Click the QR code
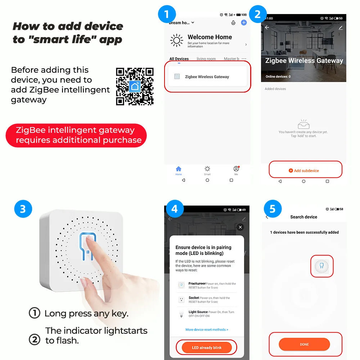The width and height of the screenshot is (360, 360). (135, 86)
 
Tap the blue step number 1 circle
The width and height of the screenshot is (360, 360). (167, 15)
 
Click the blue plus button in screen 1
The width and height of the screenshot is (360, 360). (244, 22)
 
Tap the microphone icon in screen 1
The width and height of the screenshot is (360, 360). (233, 23)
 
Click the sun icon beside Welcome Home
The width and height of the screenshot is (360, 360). (176, 41)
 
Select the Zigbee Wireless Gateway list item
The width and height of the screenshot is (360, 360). (207, 77)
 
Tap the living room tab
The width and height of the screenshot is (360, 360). (206, 59)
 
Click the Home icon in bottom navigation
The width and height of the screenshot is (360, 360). (179, 170)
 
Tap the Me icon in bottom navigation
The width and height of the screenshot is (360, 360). (236, 170)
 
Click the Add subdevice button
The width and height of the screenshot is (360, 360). (305, 171)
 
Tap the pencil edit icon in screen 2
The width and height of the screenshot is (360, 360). (341, 27)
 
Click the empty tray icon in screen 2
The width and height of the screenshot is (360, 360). (303, 124)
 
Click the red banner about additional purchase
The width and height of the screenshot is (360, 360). (76, 135)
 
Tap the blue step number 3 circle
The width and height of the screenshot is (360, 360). (23, 209)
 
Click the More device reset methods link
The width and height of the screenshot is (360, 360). (207, 329)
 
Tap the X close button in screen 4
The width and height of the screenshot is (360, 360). (240, 227)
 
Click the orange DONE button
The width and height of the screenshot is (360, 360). (304, 344)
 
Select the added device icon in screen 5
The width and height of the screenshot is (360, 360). (321, 266)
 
